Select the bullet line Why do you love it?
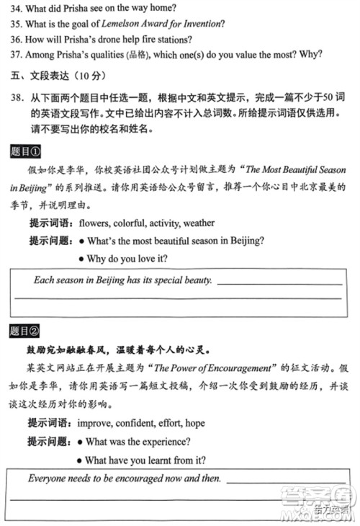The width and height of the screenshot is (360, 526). tap(127, 258)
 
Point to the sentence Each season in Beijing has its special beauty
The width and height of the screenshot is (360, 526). tap(123, 280)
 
